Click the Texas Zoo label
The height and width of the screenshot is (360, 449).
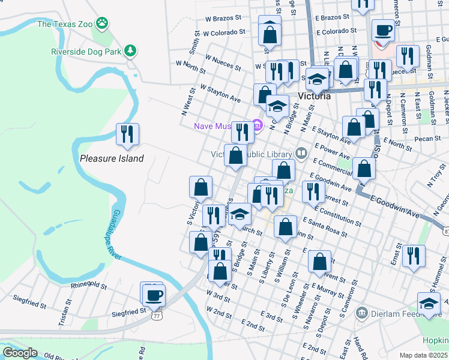click(x=65, y=25)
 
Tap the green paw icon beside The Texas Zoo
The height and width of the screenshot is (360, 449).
click(x=104, y=24)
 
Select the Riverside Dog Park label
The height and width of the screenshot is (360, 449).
click(x=86, y=51)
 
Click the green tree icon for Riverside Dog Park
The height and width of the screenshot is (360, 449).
click(x=130, y=51)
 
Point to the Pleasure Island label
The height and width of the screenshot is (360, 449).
click(x=112, y=158)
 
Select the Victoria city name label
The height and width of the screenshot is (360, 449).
click(x=314, y=96)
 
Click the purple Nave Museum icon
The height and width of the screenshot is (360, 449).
click(x=258, y=125)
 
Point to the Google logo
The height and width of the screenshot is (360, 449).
click(x=20, y=353)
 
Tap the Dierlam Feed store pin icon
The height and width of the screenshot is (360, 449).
click(x=361, y=312)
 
